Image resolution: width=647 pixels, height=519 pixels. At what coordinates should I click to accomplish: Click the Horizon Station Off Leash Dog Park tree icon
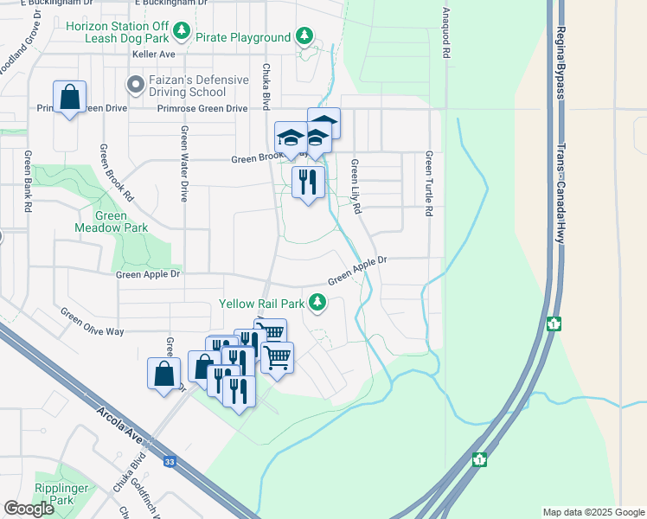pyautogui.click(x=181, y=33)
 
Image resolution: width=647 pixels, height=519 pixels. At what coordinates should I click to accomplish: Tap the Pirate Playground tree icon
pyautogui.click(x=304, y=36)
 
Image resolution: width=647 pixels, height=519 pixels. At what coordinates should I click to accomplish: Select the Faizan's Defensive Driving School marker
pyautogui.click(x=134, y=85)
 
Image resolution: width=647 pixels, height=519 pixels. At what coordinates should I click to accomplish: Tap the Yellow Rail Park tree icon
pyautogui.click(x=318, y=302)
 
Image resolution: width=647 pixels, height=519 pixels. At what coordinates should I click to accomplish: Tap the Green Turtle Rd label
pyautogui.click(x=428, y=183)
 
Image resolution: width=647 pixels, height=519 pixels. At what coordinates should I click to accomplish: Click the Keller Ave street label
pyautogui.click(x=154, y=54)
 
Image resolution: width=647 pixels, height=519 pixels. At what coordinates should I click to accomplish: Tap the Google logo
pyautogui.click(x=29, y=508)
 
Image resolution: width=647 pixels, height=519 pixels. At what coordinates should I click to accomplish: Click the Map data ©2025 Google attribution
pyautogui.click(x=593, y=512)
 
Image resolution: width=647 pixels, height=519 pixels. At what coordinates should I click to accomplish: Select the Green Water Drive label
pyautogui.click(x=184, y=163)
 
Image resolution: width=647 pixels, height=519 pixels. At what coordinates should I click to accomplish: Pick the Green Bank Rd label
pyautogui.click(x=29, y=182)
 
